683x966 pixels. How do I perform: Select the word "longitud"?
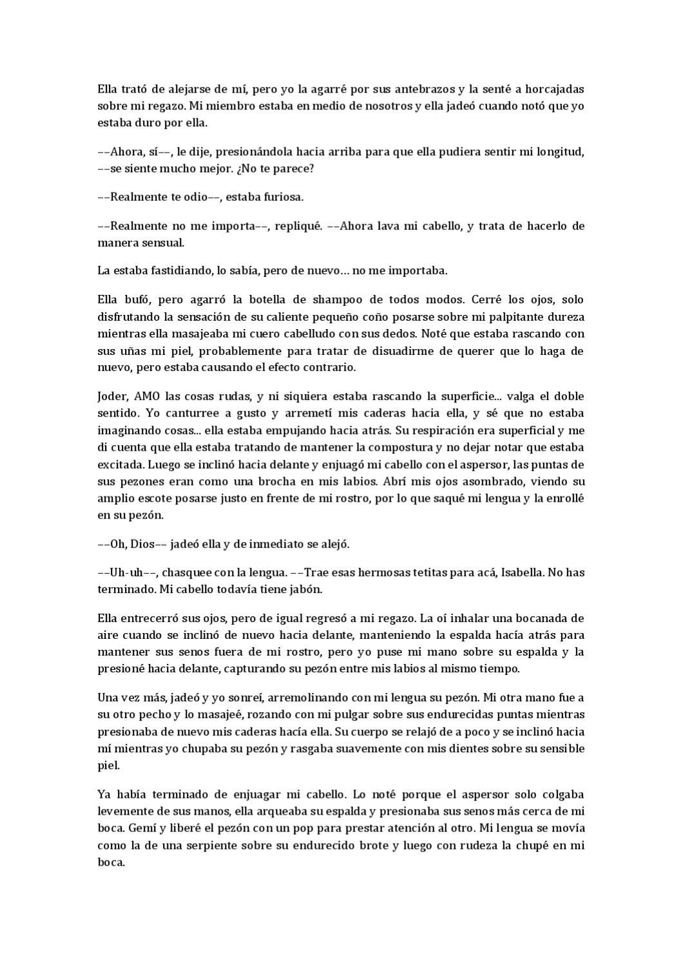[559, 152]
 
